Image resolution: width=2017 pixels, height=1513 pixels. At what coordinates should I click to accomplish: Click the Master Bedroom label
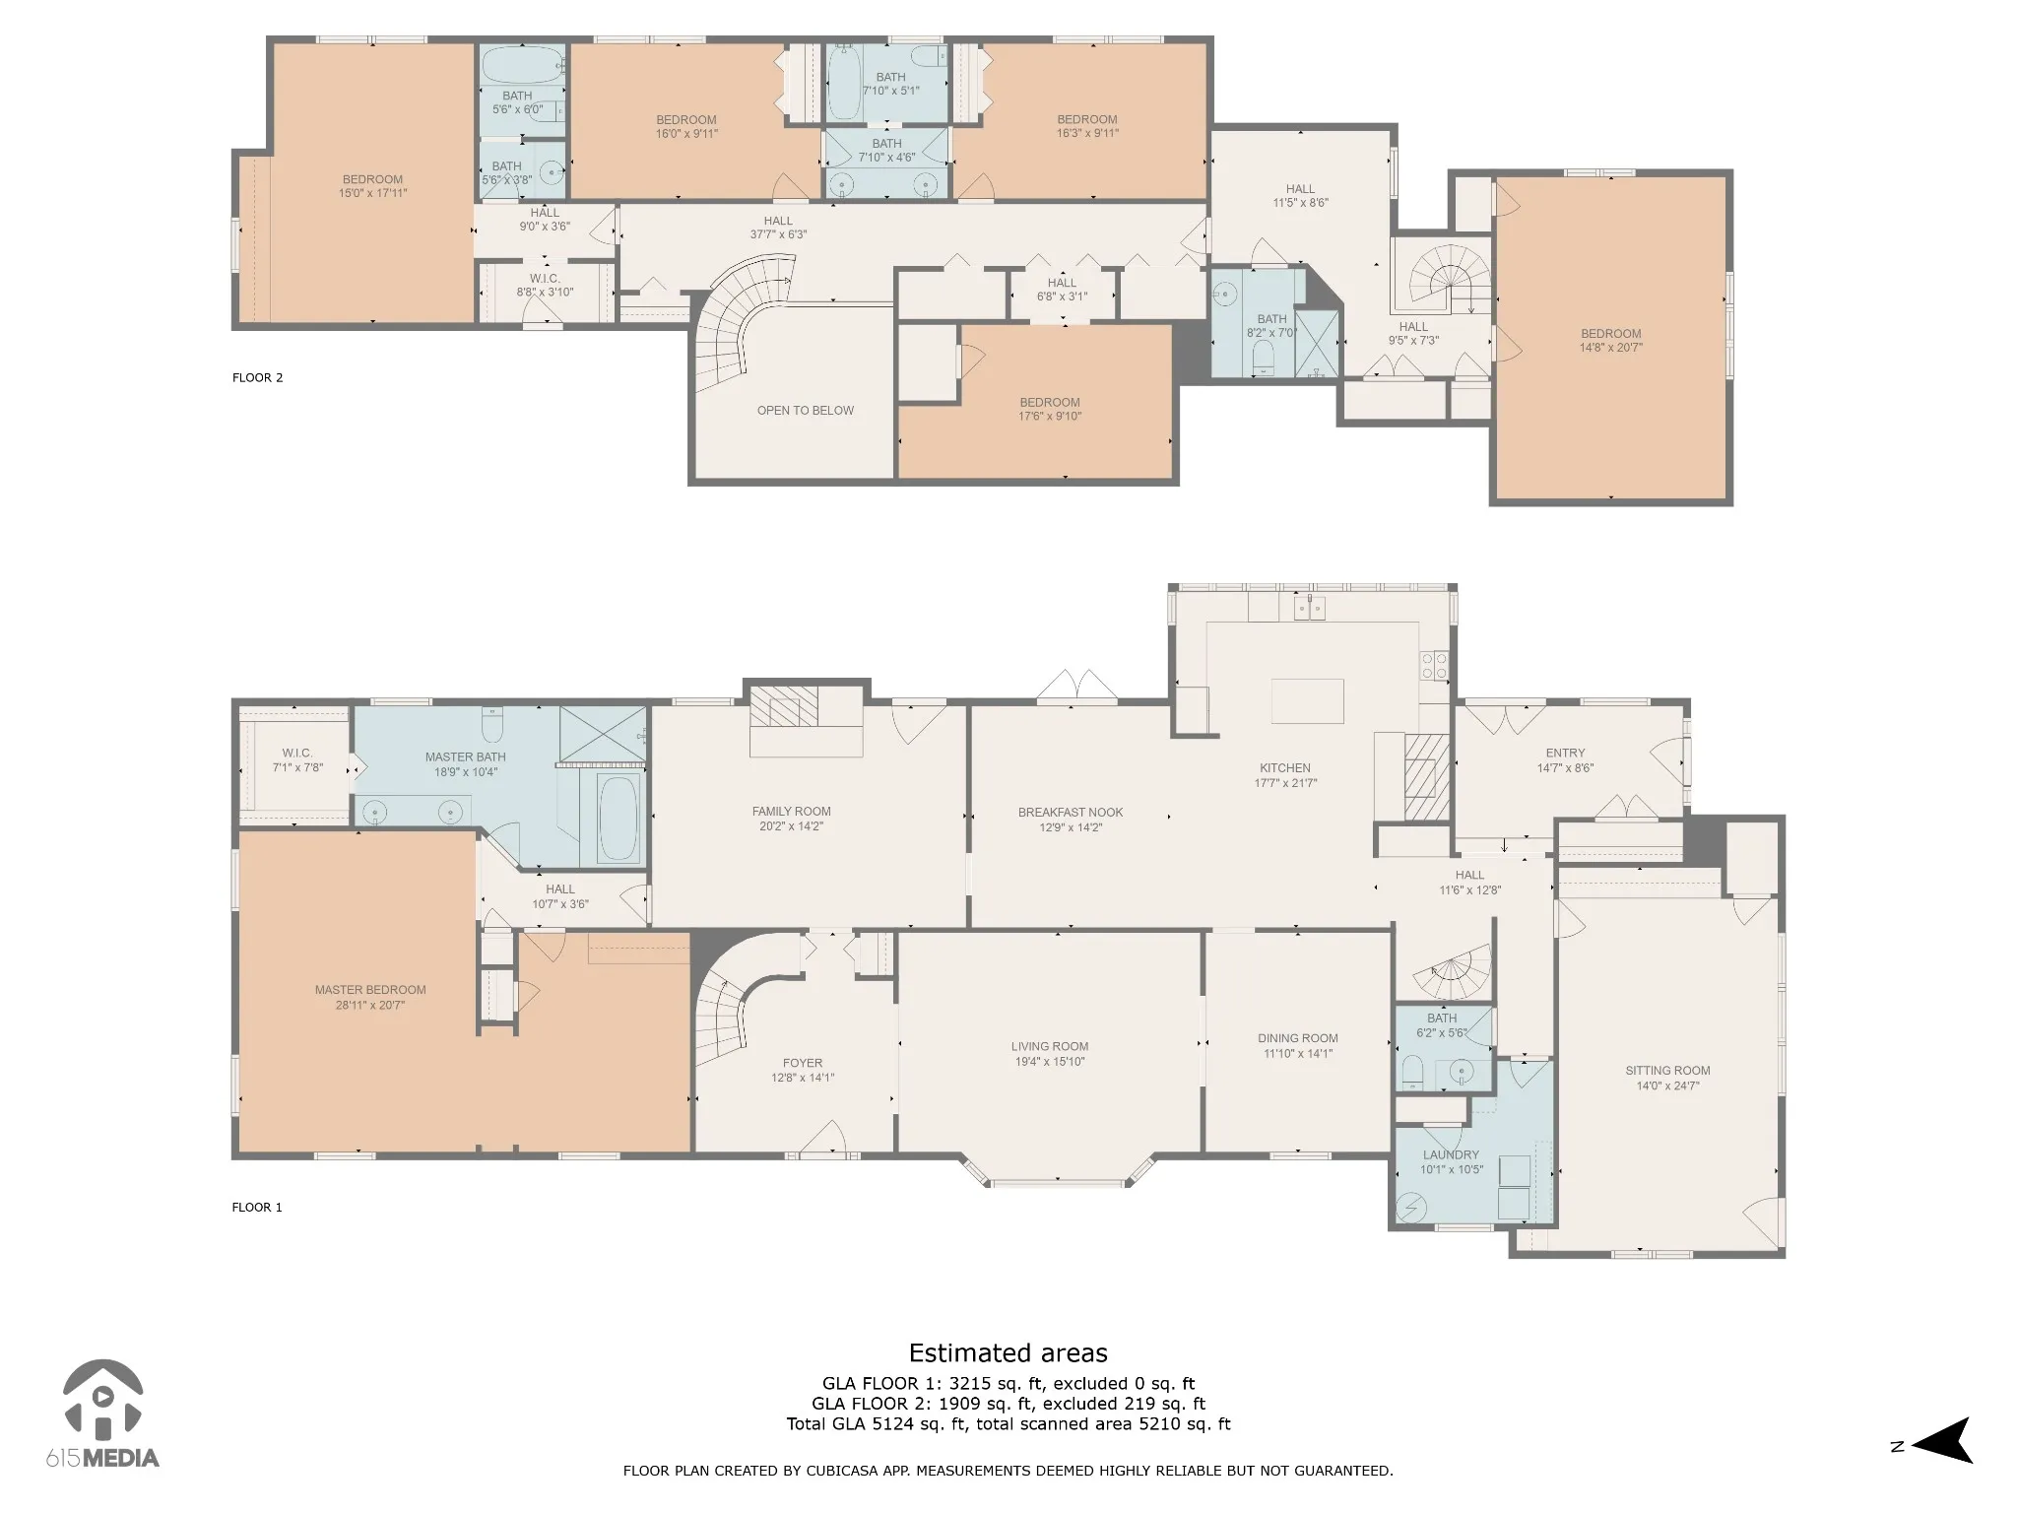370,990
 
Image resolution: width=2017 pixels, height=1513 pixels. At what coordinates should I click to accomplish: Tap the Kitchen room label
1285,768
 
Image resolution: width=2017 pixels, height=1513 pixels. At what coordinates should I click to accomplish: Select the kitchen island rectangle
1308,701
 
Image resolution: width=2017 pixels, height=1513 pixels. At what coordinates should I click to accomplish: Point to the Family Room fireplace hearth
784,706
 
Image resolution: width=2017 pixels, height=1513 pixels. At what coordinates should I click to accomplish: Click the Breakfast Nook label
1071,813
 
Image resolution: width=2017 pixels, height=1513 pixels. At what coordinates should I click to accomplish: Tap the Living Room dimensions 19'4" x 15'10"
1050,1062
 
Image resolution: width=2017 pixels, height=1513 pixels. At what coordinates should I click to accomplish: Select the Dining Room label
1298,1038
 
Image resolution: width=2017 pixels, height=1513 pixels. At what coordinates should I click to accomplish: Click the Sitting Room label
1667,1071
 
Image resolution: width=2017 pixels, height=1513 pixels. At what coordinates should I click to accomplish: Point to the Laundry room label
1451,1154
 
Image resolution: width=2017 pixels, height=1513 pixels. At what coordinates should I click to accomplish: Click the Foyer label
803,1063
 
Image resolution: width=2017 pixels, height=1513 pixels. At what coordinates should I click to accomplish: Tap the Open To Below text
806,411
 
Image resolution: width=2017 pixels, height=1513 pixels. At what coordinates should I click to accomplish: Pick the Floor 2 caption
258,377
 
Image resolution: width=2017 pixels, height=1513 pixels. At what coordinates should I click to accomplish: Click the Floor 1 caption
257,1207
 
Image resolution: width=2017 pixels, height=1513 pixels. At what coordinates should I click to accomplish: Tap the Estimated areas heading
1008,1353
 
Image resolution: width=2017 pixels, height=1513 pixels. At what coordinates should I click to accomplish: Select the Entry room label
1565,754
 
